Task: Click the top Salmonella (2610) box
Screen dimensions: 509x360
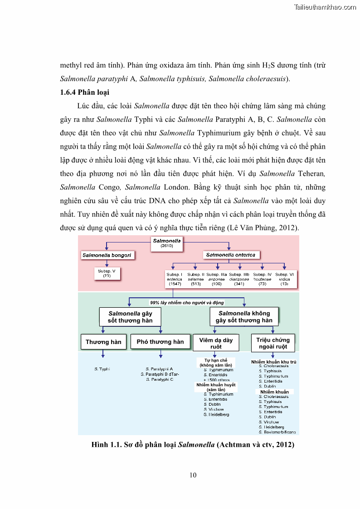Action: tap(167, 242)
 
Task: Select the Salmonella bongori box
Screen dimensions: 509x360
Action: tap(107, 255)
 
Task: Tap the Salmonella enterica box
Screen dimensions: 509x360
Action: tap(230, 255)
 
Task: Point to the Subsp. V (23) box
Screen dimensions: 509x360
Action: tap(107, 273)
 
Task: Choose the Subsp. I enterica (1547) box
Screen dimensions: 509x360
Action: tap(175, 279)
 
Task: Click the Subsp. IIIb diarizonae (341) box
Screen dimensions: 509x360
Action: tap(239, 279)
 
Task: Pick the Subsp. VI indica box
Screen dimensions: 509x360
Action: tap(285, 279)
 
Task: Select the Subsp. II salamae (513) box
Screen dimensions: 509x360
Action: tap(196, 279)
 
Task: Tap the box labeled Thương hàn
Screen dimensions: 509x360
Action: tap(103, 342)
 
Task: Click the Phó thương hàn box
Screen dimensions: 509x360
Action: tap(160, 342)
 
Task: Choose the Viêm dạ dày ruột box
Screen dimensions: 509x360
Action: tap(216, 343)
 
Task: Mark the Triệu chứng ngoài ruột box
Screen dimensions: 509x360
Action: tap(273, 343)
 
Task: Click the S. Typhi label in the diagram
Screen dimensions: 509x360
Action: tap(102, 369)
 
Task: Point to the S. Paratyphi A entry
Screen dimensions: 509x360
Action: tap(159, 369)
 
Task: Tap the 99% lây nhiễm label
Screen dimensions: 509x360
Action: tap(187, 302)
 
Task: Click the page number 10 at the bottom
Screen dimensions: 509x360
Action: tap(193, 475)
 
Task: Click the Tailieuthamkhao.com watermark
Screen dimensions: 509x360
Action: tap(325, 7)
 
